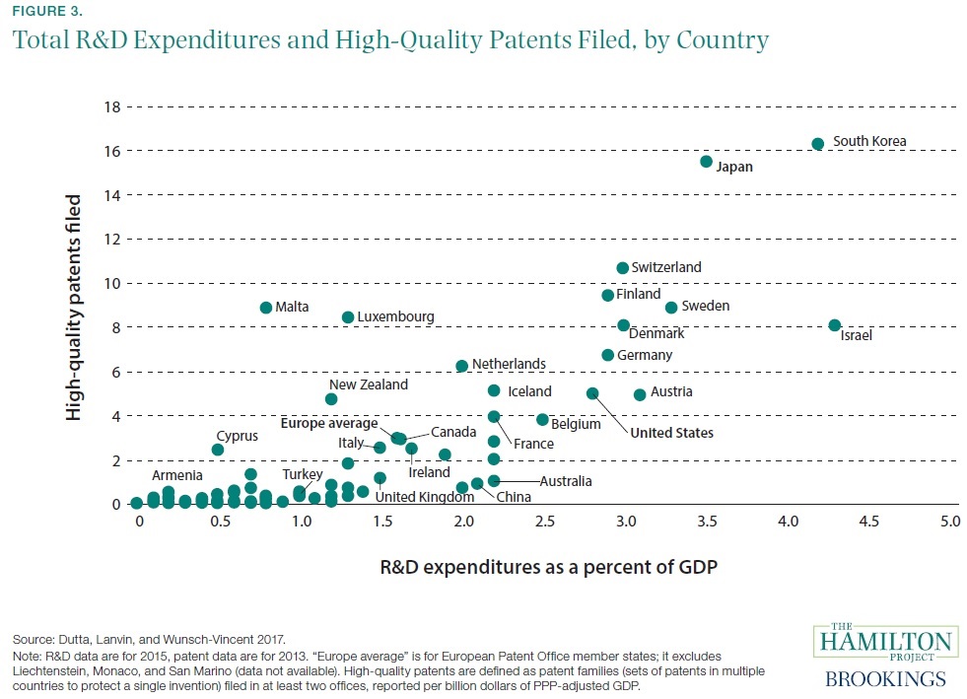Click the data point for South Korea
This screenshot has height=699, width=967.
click(817, 144)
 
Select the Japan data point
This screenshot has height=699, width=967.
click(706, 162)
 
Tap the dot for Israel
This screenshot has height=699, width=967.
click(835, 325)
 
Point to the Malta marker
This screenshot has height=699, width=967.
click(266, 308)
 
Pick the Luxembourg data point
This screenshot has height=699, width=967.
click(348, 317)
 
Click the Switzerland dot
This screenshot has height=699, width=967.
click(622, 268)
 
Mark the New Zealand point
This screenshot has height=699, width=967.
click(331, 399)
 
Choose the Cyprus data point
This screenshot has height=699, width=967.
click(218, 450)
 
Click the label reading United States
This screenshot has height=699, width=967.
click(671, 433)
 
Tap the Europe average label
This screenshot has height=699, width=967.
click(328, 424)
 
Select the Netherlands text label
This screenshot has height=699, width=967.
click(509, 364)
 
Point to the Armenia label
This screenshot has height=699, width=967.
click(177, 475)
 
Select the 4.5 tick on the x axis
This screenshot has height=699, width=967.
click(868, 520)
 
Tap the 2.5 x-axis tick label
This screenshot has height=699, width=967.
click(543, 520)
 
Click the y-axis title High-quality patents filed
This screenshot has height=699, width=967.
click(74, 308)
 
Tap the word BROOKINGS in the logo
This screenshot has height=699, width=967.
click(884, 678)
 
